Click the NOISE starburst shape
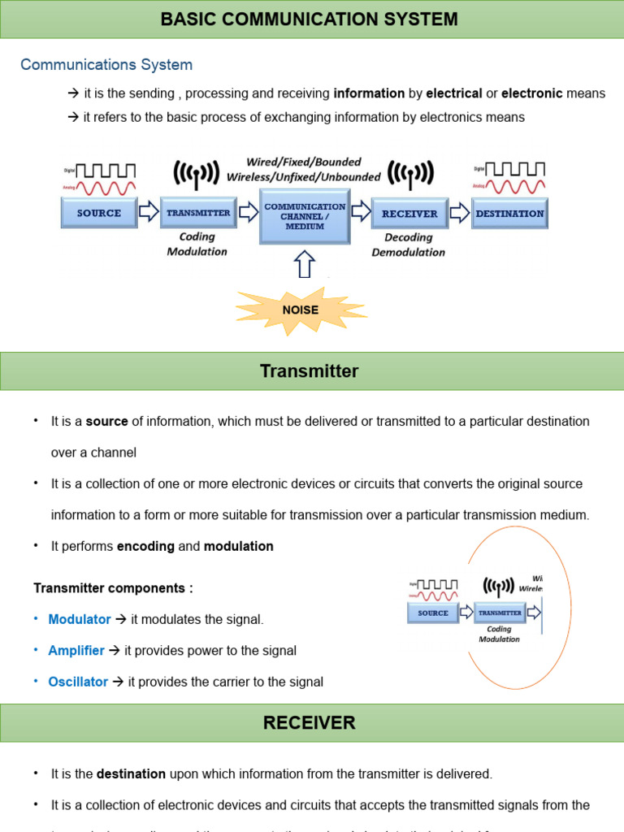tap(301, 310)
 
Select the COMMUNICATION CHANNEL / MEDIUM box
tap(305, 216)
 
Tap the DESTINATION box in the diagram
tap(509, 214)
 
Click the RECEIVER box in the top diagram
tap(409, 214)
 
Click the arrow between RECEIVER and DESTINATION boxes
tap(459, 213)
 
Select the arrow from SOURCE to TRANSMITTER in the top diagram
tap(149, 213)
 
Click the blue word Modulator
tap(80, 619)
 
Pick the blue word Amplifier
tap(76, 651)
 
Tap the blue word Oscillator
tap(78, 682)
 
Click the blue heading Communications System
tap(106, 65)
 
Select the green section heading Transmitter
tap(309, 371)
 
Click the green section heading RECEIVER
tap(309, 722)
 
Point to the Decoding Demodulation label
tap(409, 245)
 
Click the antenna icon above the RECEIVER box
tap(409, 172)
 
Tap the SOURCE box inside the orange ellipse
tap(433, 613)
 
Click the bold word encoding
tap(145, 546)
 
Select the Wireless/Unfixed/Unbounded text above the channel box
tap(303, 176)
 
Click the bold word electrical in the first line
tap(454, 93)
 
